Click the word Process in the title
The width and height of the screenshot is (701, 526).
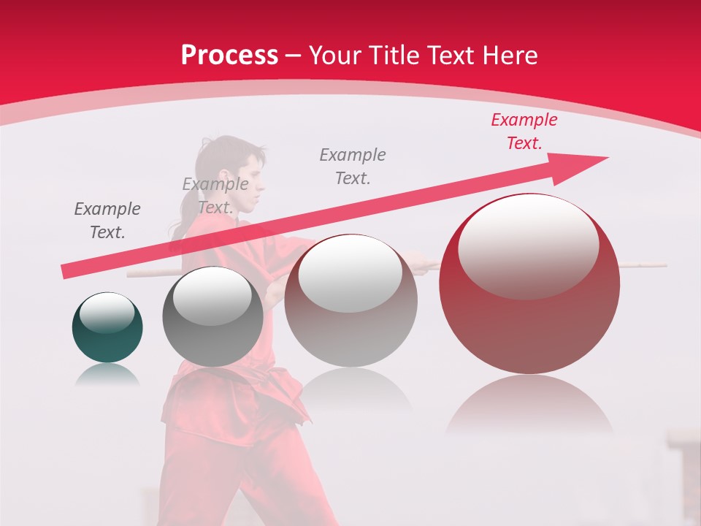click(x=229, y=56)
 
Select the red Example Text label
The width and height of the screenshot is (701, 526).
click(x=524, y=131)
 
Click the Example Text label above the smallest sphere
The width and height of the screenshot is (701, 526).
click(x=107, y=221)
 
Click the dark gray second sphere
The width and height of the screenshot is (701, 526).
click(x=212, y=316)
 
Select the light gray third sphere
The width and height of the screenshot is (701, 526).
click(x=351, y=301)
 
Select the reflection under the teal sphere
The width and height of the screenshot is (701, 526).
click(x=107, y=375)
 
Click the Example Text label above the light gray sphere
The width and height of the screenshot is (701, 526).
click(x=353, y=166)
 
